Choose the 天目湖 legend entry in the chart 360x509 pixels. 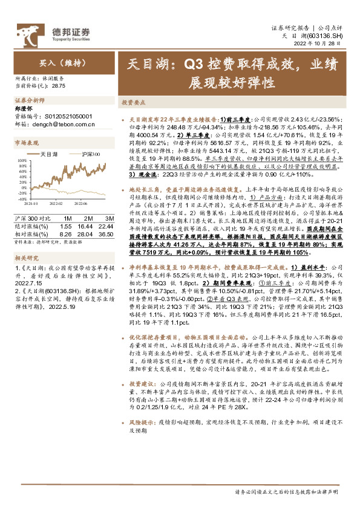[x=48, y=154]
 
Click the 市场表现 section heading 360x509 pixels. [x=27, y=143]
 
